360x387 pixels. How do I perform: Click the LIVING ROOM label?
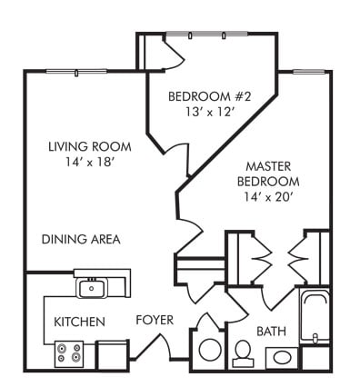(x=89, y=146)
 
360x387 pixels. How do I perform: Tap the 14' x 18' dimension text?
(x=89, y=164)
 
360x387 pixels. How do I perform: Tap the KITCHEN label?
(x=79, y=322)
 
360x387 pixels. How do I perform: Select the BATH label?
(x=273, y=331)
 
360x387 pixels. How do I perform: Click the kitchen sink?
(x=91, y=289)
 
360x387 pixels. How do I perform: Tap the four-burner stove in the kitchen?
(x=69, y=353)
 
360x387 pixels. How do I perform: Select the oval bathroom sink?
(x=279, y=358)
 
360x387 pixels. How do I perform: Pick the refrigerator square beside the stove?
(x=113, y=353)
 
